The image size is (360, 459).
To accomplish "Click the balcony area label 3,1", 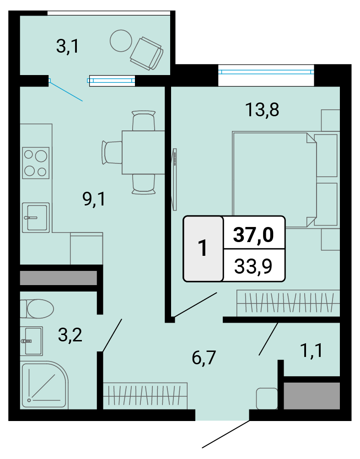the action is pos(67,47).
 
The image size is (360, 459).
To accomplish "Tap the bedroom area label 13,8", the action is pos(262,110).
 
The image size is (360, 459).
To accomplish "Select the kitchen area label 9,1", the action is pos(94,199).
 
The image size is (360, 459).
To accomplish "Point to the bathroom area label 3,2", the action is pos(70,335).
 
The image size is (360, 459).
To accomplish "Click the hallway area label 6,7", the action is pos(204,357).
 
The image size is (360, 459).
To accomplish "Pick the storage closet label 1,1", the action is pos(312,350).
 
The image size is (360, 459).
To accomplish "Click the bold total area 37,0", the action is pos(253,234).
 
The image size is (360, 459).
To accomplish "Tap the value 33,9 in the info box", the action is pos(253,266).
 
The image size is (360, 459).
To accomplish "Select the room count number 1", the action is pos(203,248).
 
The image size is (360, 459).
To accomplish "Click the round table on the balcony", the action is pos(121,41).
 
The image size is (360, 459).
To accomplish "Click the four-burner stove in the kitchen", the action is pos(36,163).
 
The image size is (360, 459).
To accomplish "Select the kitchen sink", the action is pos(36,217).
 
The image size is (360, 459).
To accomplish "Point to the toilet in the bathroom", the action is pos(37,308).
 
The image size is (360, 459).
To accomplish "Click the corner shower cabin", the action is pos(44,385).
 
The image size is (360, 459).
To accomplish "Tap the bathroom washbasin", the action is pos(32,341).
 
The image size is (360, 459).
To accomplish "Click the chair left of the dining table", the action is pos(112,152).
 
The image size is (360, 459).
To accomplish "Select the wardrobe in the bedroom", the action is pos(288,303).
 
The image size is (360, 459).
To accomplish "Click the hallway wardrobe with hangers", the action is pos(145,395).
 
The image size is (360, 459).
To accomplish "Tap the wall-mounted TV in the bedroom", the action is pos(175,179).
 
